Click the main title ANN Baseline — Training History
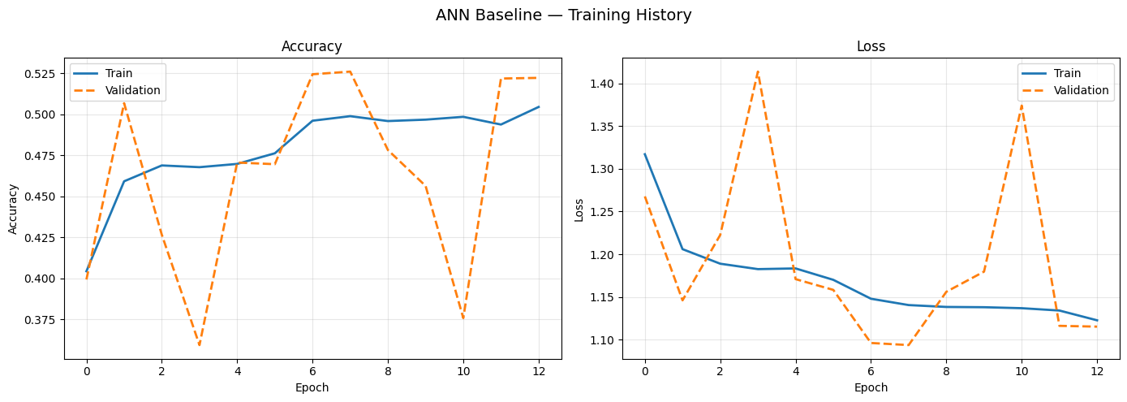(x=563, y=15)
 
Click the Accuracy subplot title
(x=312, y=47)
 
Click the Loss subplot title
(x=871, y=47)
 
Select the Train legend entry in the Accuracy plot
(x=118, y=74)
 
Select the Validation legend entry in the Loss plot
(x=1081, y=91)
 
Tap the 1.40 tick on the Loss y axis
(x=602, y=84)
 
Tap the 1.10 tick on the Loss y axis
(x=602, y=340)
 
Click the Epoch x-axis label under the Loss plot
(x=871, y=388)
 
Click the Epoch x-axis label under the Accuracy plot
(x=312, y=388)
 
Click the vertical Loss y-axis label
(x=579, y=209)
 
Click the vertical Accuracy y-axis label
(x=14, y=209)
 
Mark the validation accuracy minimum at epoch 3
(x=199, y=345)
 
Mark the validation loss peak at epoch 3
(x=758, y=71)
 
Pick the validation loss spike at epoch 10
(x=1022, y=106)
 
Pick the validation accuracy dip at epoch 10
(x=463, y=318)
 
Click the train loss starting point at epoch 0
(x=645, y=154)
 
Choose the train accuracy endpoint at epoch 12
(x=537, y=107)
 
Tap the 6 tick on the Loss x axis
(x=871, y=369)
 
